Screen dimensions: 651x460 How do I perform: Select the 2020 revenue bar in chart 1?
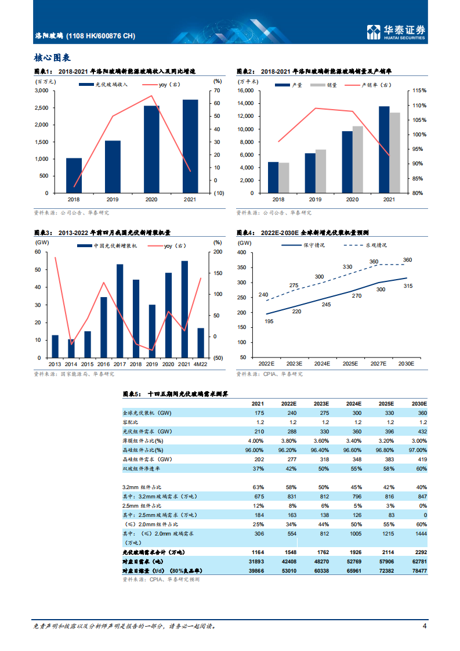(x=152, y=149)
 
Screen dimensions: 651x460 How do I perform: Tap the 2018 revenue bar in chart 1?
(x=74, y=175)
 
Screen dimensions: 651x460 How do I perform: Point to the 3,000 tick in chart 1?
(x=42, y=91)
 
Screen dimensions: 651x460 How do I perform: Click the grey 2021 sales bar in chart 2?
(x=394, y=153)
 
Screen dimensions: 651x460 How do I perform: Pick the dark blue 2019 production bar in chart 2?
(x=310, y=173)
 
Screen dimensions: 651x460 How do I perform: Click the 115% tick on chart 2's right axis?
(x=420, y=91)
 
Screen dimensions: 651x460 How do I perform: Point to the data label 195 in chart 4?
(x=269, y=321)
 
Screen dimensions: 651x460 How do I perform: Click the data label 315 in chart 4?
(x=408, y=285)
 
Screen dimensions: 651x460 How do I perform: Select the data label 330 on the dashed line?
(x=347, y=267)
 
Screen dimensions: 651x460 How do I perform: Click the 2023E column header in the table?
(x=321, y=403)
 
